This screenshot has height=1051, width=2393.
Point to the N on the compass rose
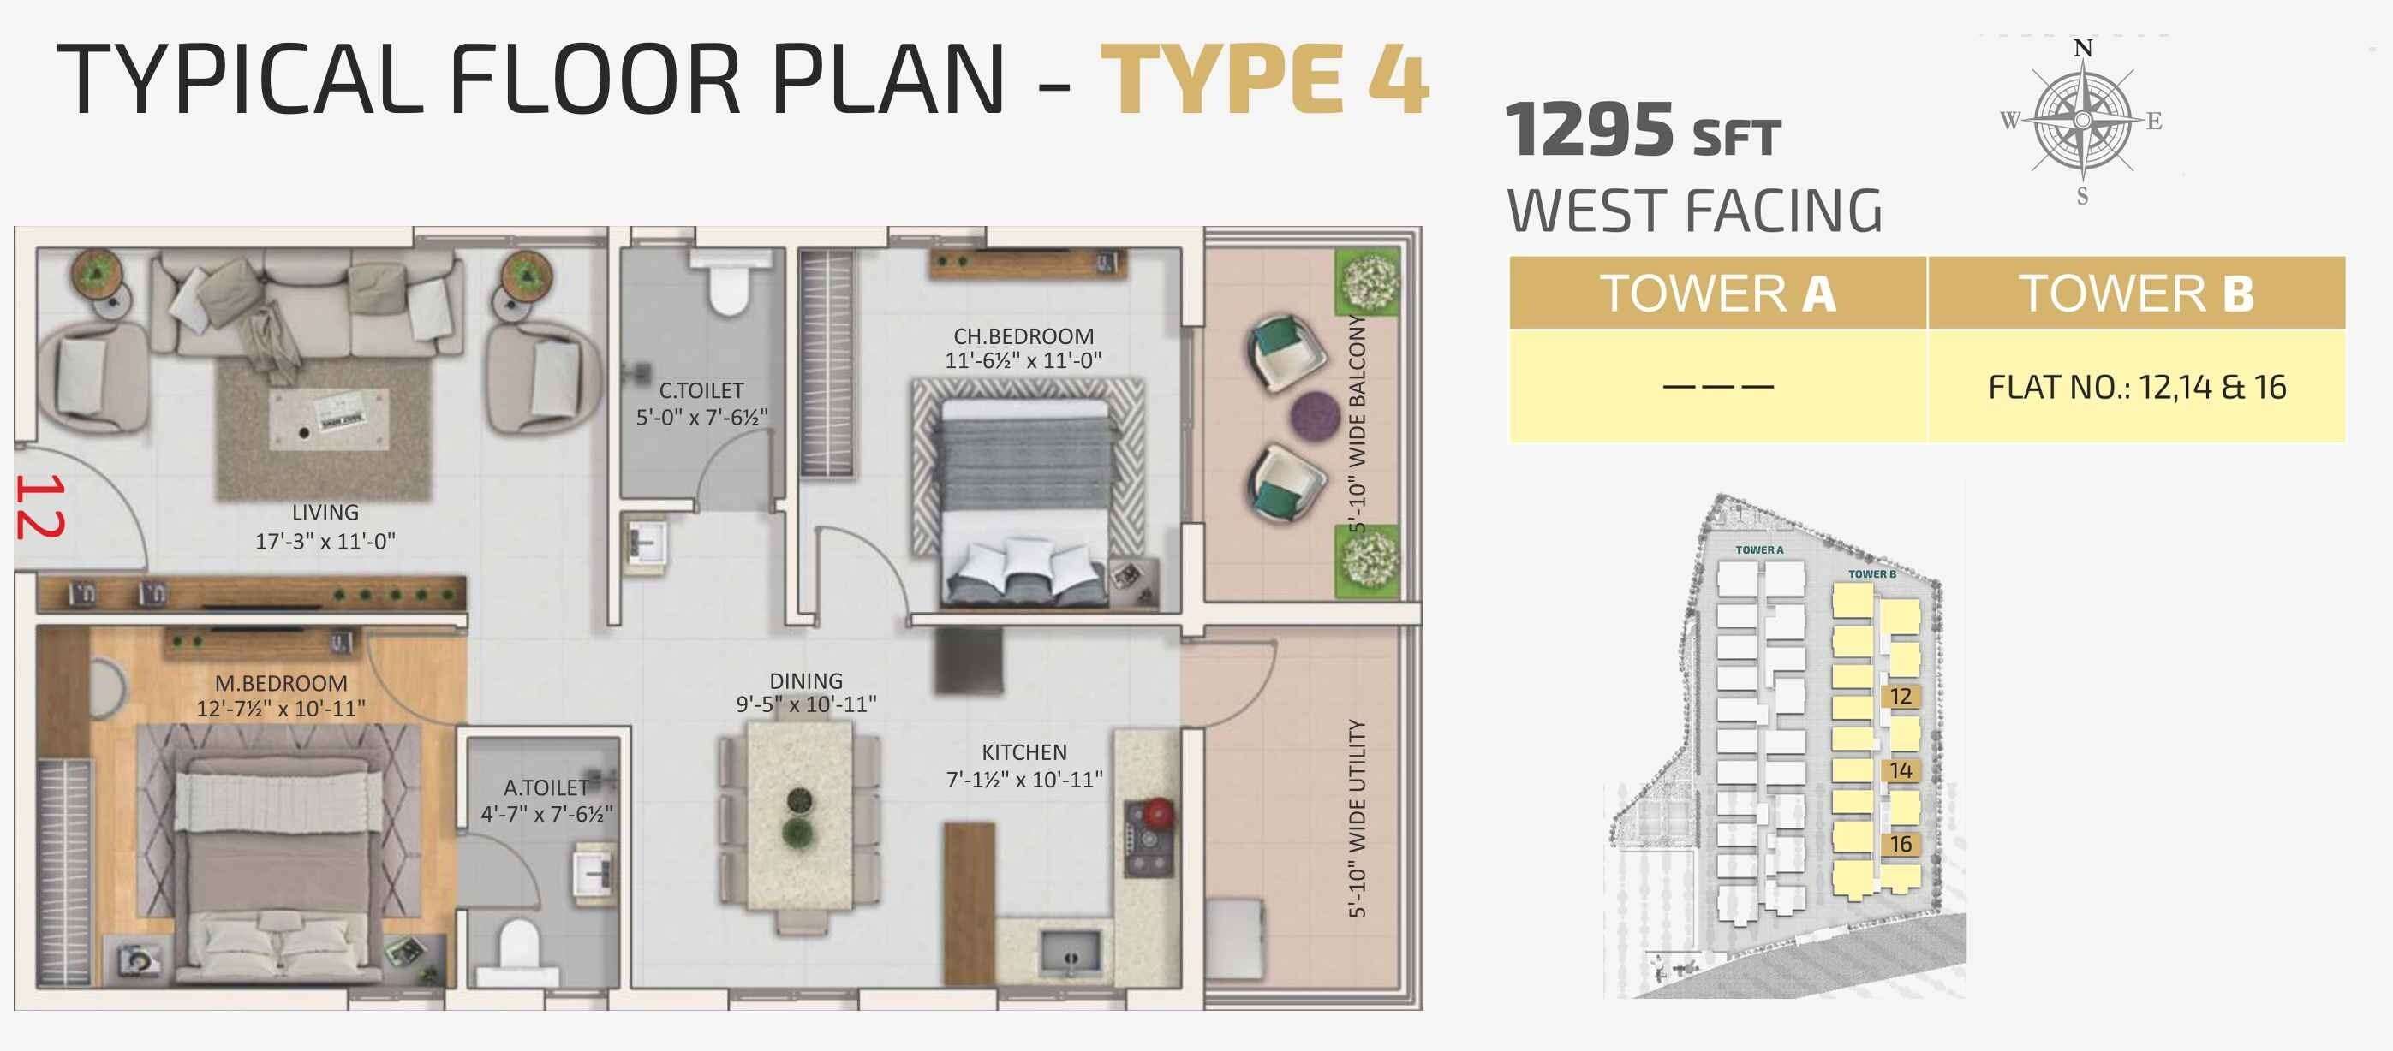coord(2083,48)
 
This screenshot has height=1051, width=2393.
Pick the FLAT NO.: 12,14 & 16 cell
coord(2137,387)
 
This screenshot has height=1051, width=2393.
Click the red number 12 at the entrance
coord(39,506)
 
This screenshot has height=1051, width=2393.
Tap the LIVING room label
coord(325,513)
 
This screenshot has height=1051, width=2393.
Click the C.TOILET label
coord(701,391)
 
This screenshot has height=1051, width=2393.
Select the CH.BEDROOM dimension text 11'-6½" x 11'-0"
coord(1023,360)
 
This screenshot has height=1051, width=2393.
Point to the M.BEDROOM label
coord(281,683)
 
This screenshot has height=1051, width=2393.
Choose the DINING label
coord(805,680)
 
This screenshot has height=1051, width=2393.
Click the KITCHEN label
coord(1023,752)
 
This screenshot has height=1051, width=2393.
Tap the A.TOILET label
coord(546,787)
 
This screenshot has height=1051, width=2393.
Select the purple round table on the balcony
coord(1315,414)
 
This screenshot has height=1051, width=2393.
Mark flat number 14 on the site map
coord(1901,769)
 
